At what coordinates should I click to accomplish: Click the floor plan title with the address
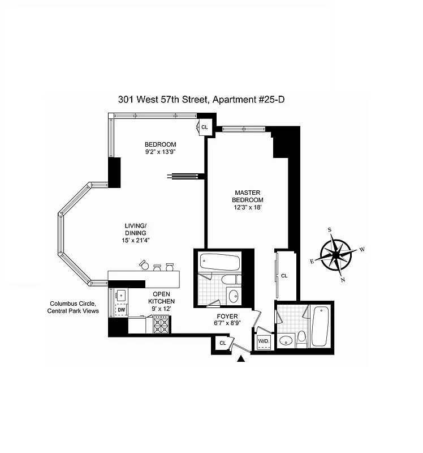click(204, 100)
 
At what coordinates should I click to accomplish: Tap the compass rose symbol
click(336, 255)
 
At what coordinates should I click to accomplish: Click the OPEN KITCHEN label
click(161, 298)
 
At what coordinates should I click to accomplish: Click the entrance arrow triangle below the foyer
click(242, 358)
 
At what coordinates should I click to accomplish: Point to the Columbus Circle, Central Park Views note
click(74, 307)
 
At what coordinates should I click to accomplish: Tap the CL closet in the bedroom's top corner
click(205, 127)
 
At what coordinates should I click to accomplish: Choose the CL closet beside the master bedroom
click(284, 276)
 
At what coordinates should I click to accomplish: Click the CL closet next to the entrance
click(223, 343)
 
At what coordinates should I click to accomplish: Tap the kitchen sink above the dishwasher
click(121, 295)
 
